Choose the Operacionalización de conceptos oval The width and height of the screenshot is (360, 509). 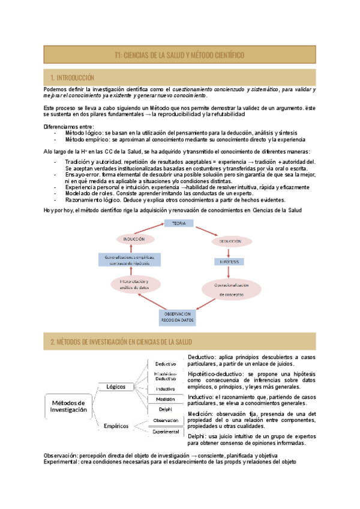pos(230,289)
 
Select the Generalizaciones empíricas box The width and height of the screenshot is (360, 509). pos(129,259)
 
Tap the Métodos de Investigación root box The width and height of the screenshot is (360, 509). pos(68,406)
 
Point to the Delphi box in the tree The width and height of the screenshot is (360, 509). pos(165,409)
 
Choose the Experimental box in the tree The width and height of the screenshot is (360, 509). pos(166,432)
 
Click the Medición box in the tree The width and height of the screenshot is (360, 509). pos(166,399)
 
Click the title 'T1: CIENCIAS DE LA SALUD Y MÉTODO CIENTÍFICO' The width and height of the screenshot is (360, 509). pos(179,55)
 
